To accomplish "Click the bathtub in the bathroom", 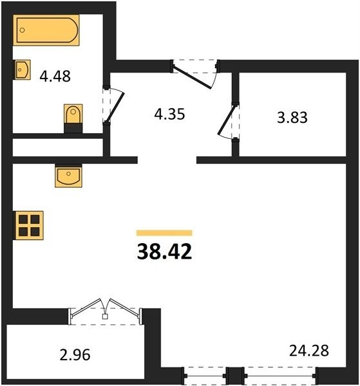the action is click(x=46, y=30).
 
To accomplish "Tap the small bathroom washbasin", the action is click(x=22, y=69).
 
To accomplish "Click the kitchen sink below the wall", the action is click(x=68, y=176).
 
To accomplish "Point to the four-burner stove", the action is click(x=28, y=225).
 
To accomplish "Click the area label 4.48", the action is click(x=55, y=76).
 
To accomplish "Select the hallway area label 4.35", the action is click(x=169, y=115).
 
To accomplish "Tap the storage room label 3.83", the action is click(x=292, y=117).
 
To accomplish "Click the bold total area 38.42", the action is click(x=164, y=252).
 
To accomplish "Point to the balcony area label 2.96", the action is click(x=75, y=355).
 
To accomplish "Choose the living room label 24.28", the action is click(x=309, y=351).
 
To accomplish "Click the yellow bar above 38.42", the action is click(x=164, y=233).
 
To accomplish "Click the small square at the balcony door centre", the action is click(x=105, y=317).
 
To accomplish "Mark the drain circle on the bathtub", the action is click(x=22, y=30).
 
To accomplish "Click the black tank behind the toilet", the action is click(x=73, y=128).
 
